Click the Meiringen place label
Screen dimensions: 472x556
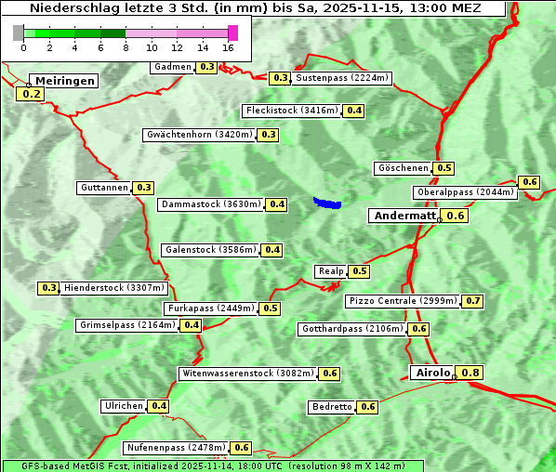point(65,81)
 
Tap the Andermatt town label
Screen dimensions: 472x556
point(404,216)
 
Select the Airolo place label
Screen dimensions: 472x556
point(432,373)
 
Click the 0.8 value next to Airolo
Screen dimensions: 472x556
point(471,374)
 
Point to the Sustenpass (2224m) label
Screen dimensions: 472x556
point(342,78)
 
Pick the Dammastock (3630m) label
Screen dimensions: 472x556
point(211,204)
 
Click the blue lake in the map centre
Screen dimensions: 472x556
point(327,203)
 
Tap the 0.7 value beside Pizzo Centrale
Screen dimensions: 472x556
point(473,301)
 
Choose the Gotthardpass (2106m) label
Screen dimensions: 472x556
point(352,329)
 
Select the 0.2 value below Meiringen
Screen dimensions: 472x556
point(31,94)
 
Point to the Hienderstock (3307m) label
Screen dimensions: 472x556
point(102,288)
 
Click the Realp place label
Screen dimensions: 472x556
point(330,271)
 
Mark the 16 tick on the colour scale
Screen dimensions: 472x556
point(229,47)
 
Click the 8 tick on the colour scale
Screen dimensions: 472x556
point(126,47)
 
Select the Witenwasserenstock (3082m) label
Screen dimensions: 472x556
point(246,374)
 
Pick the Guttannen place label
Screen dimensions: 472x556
point(104,188)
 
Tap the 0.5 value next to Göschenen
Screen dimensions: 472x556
point(444,168)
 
